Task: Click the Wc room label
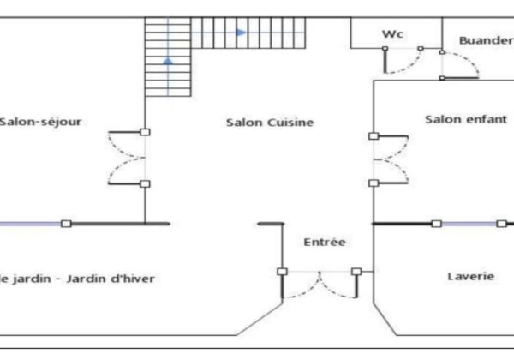tap(393, 34)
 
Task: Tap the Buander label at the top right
tap(485, 40)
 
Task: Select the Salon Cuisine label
tap(270, 123)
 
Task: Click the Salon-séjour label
tap(40, 122)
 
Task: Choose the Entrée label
tap(325, 243)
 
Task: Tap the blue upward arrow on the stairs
tap(168, 60)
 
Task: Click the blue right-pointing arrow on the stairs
tap(242, 33)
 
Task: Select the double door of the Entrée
tap(320, 285)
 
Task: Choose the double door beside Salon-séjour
tap(128, 158)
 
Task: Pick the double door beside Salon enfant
tap(390, 159)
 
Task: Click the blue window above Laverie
tap(468, 224)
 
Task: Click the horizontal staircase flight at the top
tap(248, 33)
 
